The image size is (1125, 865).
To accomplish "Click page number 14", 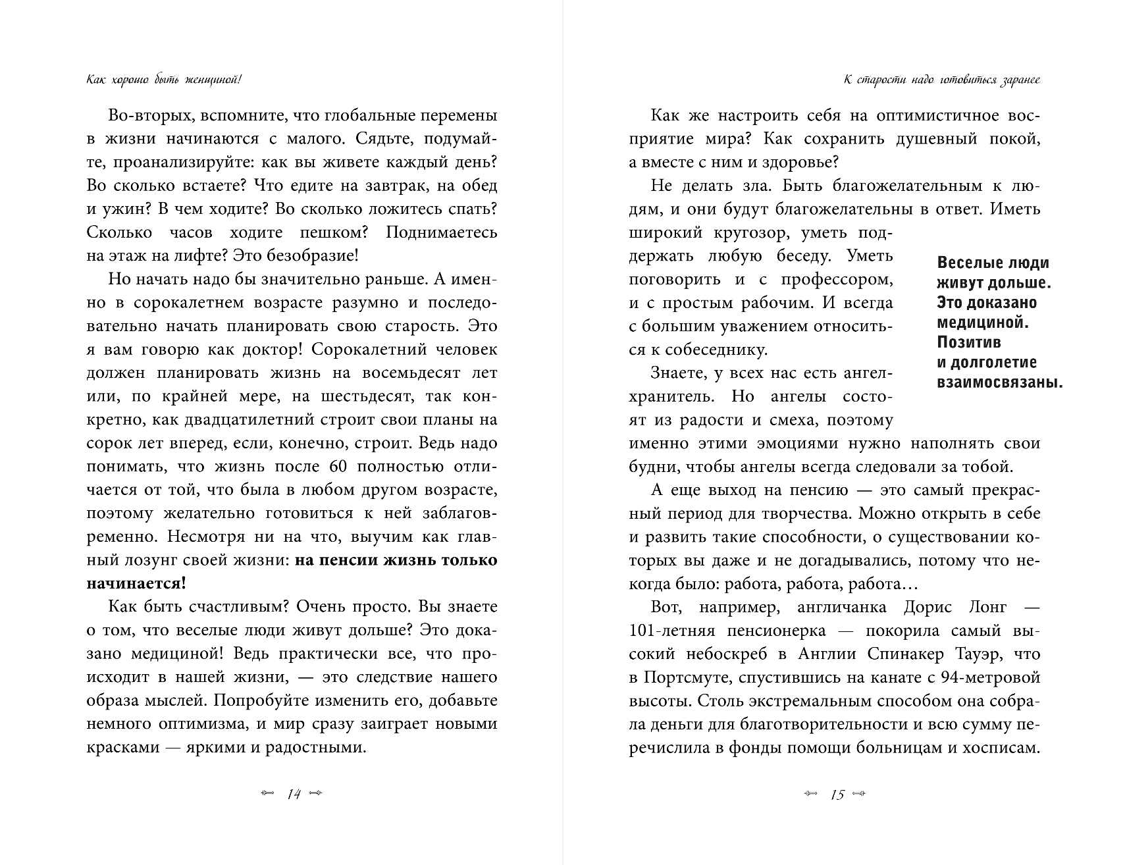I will pyautogui.click(x=294, y=794).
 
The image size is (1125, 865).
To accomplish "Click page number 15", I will pyautogui.click(x=837, y=794).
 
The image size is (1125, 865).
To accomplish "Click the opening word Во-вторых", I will pyautogui.click(x=145, y=116).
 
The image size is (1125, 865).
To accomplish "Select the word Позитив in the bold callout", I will pyautogui.click(x=968, y=342).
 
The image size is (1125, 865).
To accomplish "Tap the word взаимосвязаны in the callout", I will pyautogui.click(x=999, y=382).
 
